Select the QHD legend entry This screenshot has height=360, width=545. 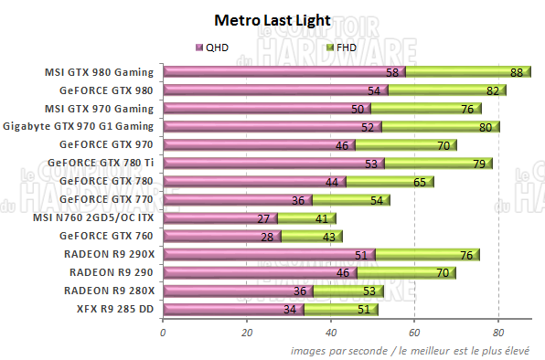coord(213,47)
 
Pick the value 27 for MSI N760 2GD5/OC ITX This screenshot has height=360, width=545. coord(263,218)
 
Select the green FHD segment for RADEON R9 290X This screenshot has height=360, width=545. coord(425,255)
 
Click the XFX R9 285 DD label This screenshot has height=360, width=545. coord(114,309)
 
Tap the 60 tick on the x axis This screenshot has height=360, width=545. coord(414,333)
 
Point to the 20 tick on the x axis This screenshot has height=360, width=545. coord(246,333)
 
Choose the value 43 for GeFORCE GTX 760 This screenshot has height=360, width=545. coord(328,237)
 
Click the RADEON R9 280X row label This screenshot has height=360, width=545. coord(110,291)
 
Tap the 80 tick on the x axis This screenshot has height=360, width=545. coord(498,333)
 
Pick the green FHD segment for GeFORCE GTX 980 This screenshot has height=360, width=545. coord(439,90)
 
